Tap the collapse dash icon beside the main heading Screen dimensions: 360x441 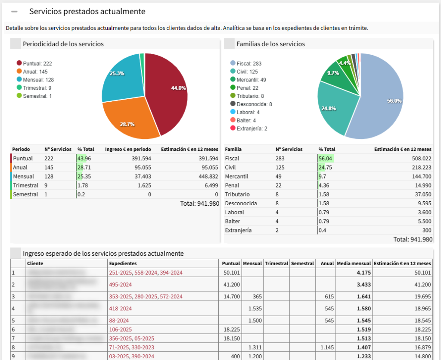click(x=14, y=12)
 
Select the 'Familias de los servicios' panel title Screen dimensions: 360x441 click(x=270, y=44)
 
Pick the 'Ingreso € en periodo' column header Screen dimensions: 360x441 click(x=128, y=149)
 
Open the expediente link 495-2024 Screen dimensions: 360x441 click(x=121, y=285)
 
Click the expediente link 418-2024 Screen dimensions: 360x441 click(x=121, y=308)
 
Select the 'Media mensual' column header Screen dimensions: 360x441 click(x=354, y=263)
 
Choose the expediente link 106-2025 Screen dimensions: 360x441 click(x=121, y=329)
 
